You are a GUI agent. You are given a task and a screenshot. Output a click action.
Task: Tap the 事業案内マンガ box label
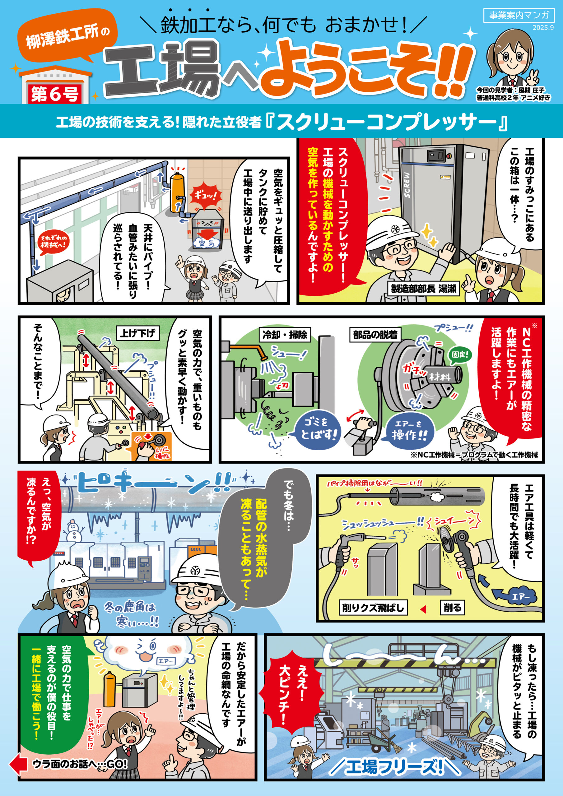[519, 15]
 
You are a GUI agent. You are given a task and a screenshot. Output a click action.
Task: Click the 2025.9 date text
[543, 28]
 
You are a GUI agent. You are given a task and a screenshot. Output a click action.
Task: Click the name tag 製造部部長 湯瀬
[424, 289]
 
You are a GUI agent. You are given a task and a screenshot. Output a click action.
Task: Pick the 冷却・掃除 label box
[284, 335]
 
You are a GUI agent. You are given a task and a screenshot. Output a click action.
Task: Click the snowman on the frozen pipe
[74, 530]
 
